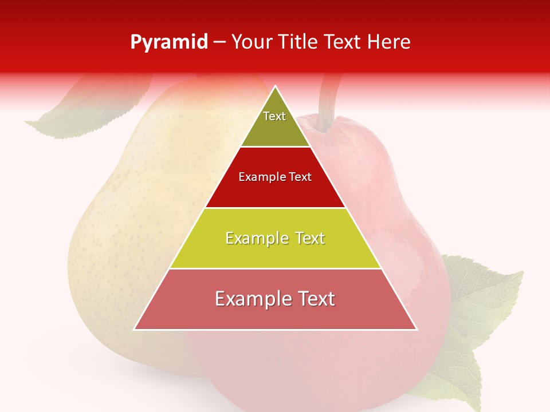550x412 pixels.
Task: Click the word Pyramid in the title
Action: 169,42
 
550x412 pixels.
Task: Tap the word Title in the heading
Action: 297,42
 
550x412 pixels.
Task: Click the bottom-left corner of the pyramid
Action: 135,329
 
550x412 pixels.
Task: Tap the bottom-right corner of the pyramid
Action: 416,329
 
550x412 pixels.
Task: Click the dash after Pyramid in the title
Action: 219,42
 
